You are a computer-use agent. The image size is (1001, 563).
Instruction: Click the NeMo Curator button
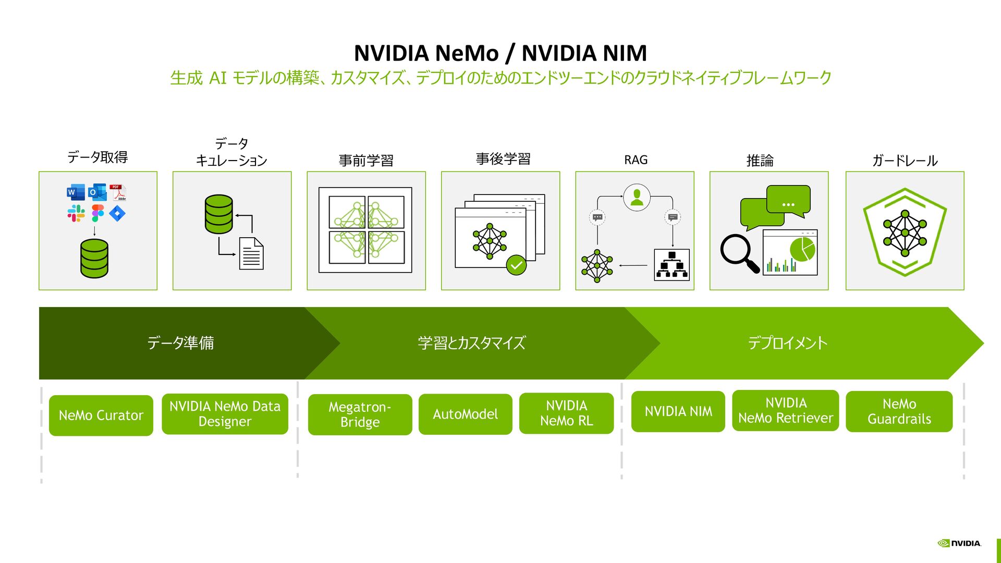pos(101,415)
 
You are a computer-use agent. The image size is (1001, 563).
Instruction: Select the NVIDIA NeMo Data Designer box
pos(225,414)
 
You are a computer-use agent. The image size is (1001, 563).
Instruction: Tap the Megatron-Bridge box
pos(360,414)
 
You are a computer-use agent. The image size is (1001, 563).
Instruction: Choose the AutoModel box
pos(465,414)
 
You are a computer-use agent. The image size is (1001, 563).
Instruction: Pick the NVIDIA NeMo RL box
pos(566,413)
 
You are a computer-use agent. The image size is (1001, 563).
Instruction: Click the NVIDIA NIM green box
pos(678,412)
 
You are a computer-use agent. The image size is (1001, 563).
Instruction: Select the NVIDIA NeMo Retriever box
pos(785,411)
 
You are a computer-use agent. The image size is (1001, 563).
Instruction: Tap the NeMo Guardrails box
pos(899,412)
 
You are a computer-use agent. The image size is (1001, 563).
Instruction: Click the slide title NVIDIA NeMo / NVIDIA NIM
pos(500,53)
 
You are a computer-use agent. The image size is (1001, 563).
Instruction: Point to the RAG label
pos(636,160)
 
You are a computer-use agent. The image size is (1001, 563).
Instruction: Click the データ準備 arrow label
pos(180,343)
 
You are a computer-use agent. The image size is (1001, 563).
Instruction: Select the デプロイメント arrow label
pos(787,343)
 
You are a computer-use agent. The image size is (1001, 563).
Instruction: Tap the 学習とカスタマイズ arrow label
pos(471,343)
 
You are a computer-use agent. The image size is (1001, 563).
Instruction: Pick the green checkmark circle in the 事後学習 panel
pos(516,265)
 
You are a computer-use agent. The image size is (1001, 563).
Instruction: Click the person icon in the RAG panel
pos(637,198)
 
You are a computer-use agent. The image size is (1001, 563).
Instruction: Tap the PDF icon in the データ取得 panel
pos(118,192)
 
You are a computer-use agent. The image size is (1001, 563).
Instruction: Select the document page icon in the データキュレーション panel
pos(251,254)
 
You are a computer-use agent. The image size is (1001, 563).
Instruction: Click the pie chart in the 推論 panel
pos(802,249)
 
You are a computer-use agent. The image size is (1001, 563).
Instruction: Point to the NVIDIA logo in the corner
pos(959,543)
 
